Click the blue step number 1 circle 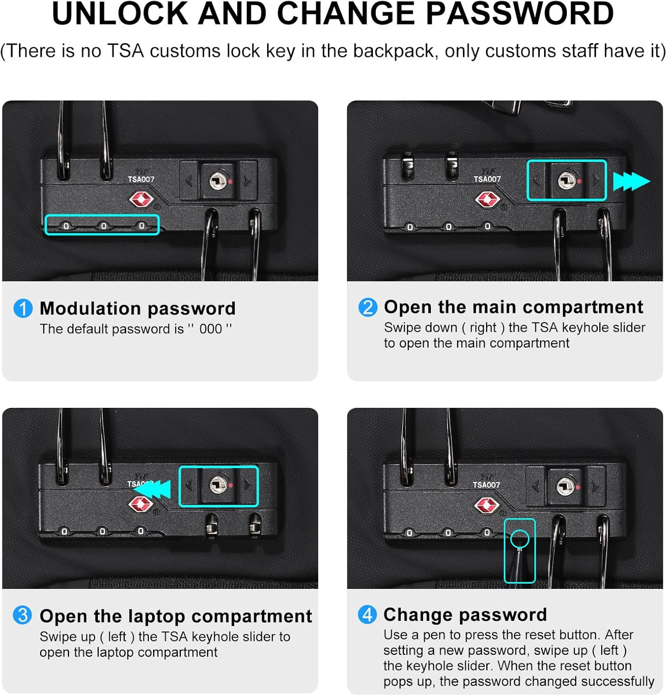click(x=23, y=309)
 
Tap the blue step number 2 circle click(x=368, y=307)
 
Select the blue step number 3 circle click(x=22, y=616)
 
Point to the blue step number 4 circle click(x=367, y=615)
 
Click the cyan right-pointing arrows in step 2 click(x=631, y=181)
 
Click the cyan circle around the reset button click(x=519, y=539)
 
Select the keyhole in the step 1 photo click(x=217, y=180)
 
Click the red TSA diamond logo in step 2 click(x=487, y=200)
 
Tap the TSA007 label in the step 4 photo click(x=486, y=485)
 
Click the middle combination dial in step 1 click(x=103, y=226)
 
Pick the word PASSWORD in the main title click(x=519, y=14)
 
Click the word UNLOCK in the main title click(x=120, y=14)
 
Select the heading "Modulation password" click(x=138, y=309)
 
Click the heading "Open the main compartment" click(x=513, y=307)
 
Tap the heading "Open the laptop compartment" click(x=176, y=616)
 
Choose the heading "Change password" click(x=465, y=615)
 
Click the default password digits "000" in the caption click(x=211, y=329)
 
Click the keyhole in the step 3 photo click(x=218, y=485)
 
